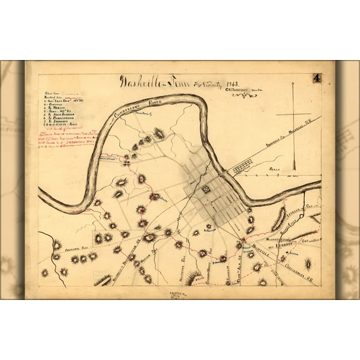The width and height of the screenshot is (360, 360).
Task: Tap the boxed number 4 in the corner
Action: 317,78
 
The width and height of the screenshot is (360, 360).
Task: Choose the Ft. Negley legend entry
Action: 56,107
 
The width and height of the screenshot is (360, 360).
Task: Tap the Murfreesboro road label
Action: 275,239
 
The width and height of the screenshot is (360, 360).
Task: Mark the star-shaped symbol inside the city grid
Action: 206,188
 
